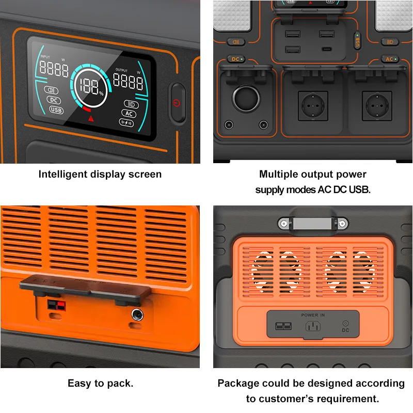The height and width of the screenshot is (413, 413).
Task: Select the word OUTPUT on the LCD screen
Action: click(121, 70)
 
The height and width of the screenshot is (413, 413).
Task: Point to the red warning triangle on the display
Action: click(91, 119)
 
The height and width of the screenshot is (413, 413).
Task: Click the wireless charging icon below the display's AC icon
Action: click(126, 123)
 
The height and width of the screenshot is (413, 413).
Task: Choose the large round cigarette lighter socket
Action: click(242, 98)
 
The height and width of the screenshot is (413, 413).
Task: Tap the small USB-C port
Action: click(326, 50)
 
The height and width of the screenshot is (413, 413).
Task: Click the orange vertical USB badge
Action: click(356, 41)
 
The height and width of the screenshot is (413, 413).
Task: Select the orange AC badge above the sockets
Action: click(390, 59)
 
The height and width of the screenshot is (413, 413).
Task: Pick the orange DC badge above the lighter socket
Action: click(236, 59)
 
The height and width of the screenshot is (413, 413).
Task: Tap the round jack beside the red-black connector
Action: click(137, 314)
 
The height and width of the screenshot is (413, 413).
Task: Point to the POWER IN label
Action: click(313, 315)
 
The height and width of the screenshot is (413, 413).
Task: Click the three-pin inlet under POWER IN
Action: click(313, 327)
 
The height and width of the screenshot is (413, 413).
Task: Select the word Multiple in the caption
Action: click(281, 174)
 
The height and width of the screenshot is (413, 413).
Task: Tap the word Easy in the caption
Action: click(78, 384)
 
